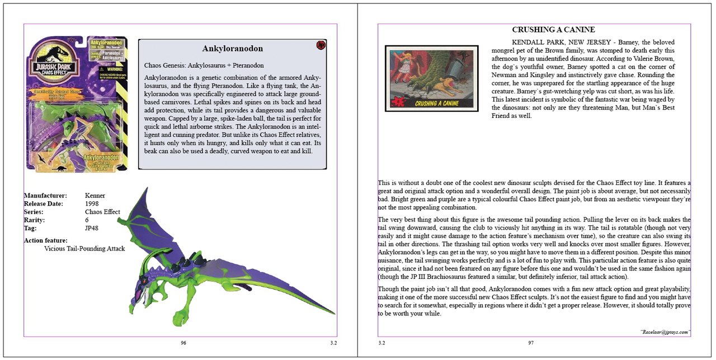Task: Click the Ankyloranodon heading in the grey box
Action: point(232,49)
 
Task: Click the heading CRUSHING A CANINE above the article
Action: point(553,30)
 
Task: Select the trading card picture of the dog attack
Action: point(431,78)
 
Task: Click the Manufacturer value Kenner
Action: point(95,196)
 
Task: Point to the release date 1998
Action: point(92,204)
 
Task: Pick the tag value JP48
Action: point(92,228)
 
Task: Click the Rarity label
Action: point(34,220)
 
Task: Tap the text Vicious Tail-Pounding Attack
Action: point(84,248)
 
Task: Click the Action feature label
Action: point(46,240)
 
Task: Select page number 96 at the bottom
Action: point(183,343)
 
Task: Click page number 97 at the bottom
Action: point(531,343)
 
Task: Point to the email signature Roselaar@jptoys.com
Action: point(665,331)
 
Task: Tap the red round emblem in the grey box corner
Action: point(321,45)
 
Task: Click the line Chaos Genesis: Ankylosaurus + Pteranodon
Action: point(204,65)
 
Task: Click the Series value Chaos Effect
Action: point(102,212)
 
